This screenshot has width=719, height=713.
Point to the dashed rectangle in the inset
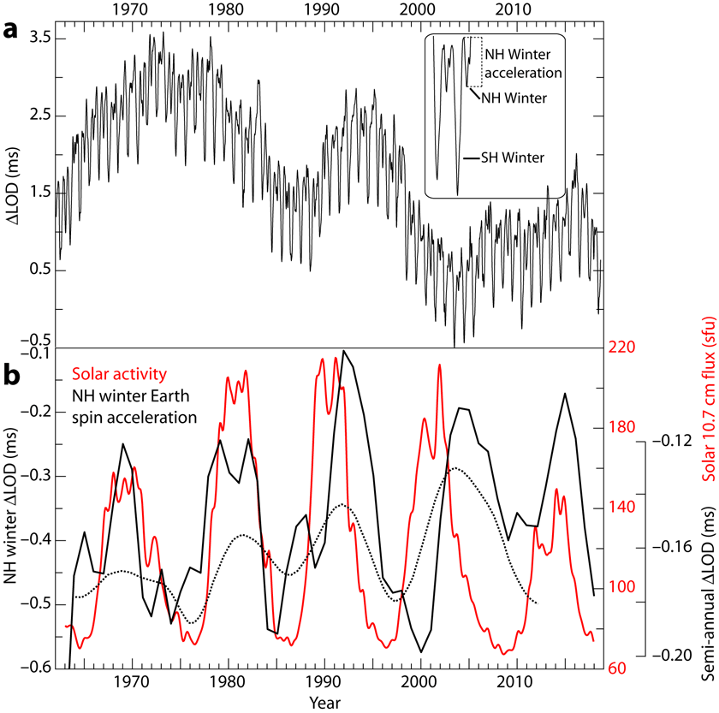coord(476,62)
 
